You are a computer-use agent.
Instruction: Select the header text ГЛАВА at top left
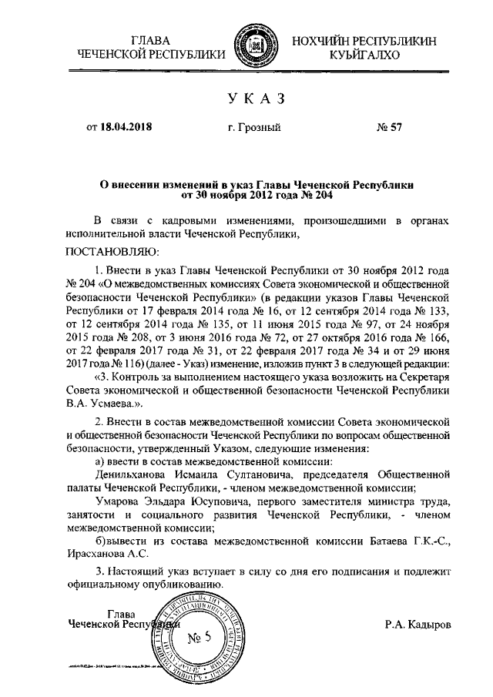pyautogui.click(x=151, y=39)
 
